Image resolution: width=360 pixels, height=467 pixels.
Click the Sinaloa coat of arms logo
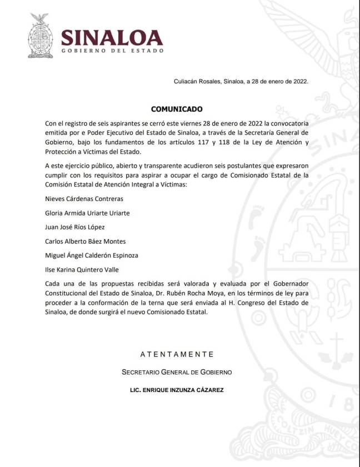(39, 36)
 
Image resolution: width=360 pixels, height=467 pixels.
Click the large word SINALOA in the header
(112, 37)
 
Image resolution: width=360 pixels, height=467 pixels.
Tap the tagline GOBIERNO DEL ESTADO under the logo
(112, 51)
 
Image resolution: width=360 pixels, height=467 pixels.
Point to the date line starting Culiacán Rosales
(241, 81)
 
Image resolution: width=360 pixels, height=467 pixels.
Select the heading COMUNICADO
(177, 109)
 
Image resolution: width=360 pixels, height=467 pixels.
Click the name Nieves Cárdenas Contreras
(84, 198)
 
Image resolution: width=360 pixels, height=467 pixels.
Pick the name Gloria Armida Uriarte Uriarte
(88, 213)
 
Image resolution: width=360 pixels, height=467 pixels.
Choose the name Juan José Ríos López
(74, 227)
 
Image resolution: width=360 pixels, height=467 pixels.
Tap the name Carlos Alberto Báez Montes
(85, 242)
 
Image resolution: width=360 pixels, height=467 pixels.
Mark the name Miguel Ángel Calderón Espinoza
(92, 255)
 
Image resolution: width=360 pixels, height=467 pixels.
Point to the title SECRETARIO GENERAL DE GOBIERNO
(177, 372)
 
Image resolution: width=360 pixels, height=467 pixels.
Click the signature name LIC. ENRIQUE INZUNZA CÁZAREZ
(177, 390)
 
